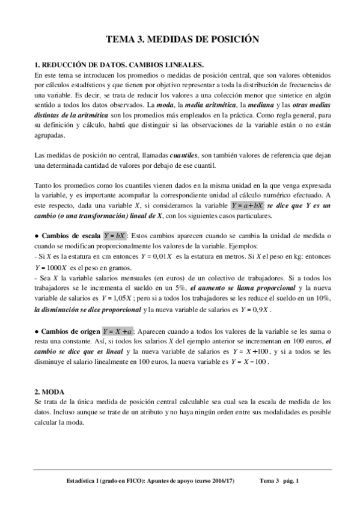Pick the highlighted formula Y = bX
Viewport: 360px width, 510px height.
tap(115, 234)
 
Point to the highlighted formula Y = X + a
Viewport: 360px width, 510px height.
tap(118, 331)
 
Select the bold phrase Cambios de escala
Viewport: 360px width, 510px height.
tap(71, 234)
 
